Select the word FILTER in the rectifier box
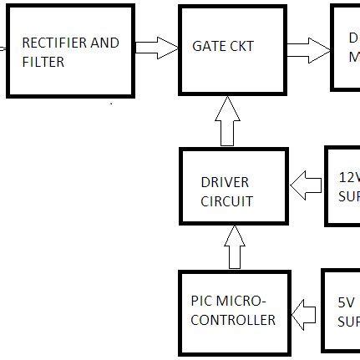click(x=43, y=63)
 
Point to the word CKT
click(x=241, y=47)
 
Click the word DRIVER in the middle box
click(x=225, y=182)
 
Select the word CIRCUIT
click(x=226, y=201)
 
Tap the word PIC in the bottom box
click(x=202, y=301)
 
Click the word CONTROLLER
click(x=233, y=320)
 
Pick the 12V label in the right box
click(x=349, y=177)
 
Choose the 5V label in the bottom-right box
click(x=347, y=302)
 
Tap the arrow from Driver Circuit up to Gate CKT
click(x=234, y=121)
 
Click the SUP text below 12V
click(x=349, y=197)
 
